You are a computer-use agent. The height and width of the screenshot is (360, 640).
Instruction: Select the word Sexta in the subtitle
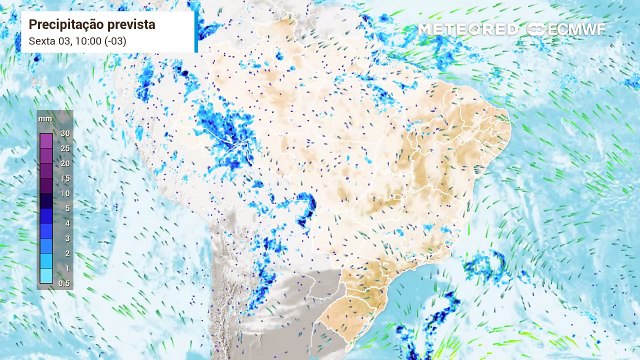(44, 40)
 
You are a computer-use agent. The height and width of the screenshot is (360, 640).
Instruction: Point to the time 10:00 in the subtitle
(95, 40)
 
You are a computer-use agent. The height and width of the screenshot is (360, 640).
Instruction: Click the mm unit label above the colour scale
(45, 120)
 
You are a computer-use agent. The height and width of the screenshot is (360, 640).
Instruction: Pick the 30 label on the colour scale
(63, 133)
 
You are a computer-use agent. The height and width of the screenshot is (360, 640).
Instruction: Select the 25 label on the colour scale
(63, 148)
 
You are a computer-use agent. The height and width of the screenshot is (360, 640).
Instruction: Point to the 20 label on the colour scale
(63, 163)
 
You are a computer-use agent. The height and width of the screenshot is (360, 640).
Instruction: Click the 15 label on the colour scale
(63, 178)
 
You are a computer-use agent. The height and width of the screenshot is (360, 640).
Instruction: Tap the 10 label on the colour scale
(63, 193)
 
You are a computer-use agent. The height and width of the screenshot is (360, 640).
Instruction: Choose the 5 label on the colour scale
(64, 208)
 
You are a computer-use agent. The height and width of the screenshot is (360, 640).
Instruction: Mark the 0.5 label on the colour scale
(64, 283)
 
